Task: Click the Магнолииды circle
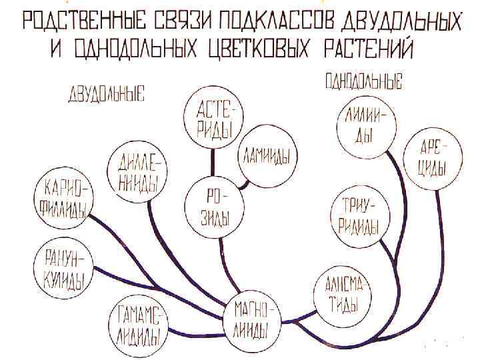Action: [254, 319]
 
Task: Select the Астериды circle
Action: [213, 118]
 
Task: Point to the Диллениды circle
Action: [137, 172]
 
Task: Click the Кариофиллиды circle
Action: [65, 198]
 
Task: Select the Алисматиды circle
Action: [339, 295]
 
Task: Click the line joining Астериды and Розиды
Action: [213, 160]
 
